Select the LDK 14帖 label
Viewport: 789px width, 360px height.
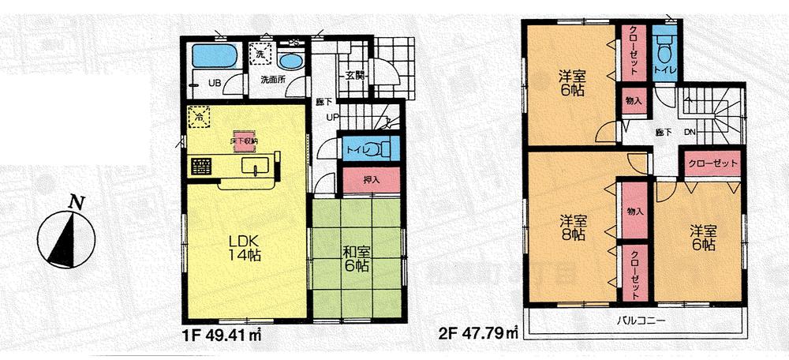coord(242,246)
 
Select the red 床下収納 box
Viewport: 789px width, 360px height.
coord(241,139)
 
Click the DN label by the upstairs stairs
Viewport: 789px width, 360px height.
coord(689,132)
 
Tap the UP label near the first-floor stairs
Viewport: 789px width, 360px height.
coord(335,116)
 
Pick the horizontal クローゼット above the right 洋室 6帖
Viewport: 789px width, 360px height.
coord(712,163)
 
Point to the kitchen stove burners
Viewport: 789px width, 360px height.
coord(201,167)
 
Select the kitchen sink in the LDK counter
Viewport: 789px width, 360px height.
coord(254,165)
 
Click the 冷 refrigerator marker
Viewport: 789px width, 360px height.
coord(199,117)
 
